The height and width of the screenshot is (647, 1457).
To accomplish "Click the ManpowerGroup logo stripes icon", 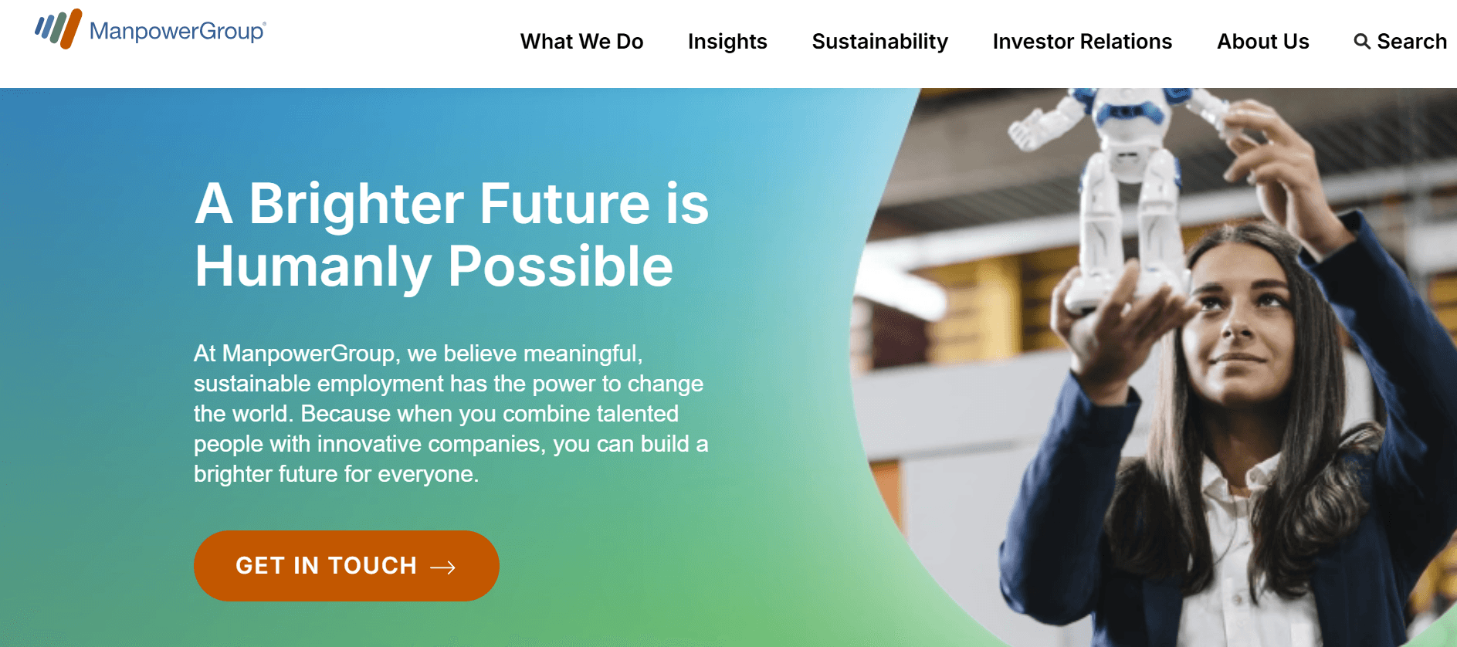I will click(58, 29).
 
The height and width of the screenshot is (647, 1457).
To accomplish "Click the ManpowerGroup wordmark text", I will click(177, 31).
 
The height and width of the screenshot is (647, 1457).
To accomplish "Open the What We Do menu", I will click(581, 42).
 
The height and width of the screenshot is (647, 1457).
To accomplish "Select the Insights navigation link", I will click(727, 42).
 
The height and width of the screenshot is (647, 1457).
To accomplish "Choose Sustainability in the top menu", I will click(879, 42).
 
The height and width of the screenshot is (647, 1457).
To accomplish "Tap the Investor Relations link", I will click(1082, 42).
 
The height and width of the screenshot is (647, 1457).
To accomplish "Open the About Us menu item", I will click(1262, 42).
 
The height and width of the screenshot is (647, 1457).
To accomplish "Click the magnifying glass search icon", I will click(1362, 42).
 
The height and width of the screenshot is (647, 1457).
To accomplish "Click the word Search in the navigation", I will click(1411, 42).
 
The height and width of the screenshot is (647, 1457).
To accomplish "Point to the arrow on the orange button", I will click(442, 567).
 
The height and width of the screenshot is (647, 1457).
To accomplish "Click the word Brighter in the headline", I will click(356, 205).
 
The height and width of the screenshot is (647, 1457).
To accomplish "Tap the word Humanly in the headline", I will click(312, 267).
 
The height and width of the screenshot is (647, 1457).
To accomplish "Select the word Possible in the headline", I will click(560, 267).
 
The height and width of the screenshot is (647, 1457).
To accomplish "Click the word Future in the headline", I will click(564, 205).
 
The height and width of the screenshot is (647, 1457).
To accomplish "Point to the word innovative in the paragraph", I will click(368, 444).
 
